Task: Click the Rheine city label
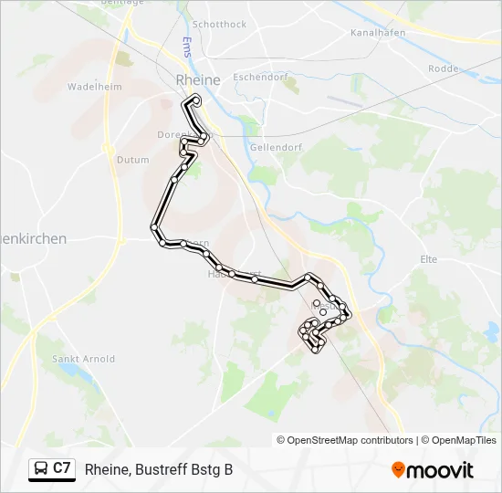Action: point(197,79)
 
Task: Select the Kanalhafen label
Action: point(377,32)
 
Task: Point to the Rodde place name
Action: point(444,68)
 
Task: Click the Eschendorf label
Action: point(260,78)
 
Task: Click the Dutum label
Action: point(132,160)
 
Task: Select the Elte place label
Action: point(428,259)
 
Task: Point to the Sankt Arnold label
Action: point(84,359)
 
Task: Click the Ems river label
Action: point(186,47)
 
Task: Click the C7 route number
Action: point(62,468)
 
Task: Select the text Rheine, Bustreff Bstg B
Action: point(159,469)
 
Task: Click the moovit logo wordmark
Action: point(440,470)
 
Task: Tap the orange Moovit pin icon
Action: point(398,469)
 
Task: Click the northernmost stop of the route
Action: point(197,98)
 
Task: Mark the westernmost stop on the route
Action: point(154,227)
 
